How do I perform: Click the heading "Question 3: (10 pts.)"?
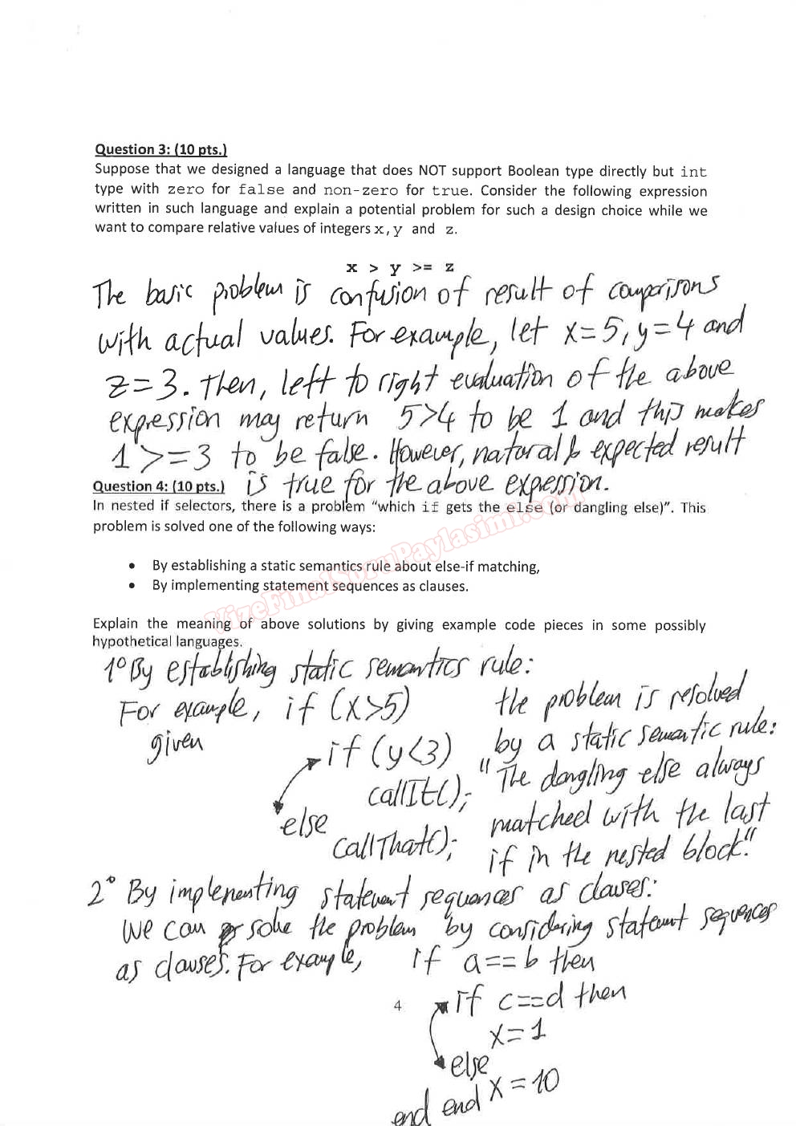[160, 149]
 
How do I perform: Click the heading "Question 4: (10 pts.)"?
[158, 486]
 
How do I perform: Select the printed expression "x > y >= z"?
[399, 267]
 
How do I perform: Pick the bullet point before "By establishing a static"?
[132, 567]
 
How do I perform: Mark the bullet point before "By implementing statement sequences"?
[132, 586]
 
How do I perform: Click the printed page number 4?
[397, 1006]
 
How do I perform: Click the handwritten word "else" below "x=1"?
[467, 1065]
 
